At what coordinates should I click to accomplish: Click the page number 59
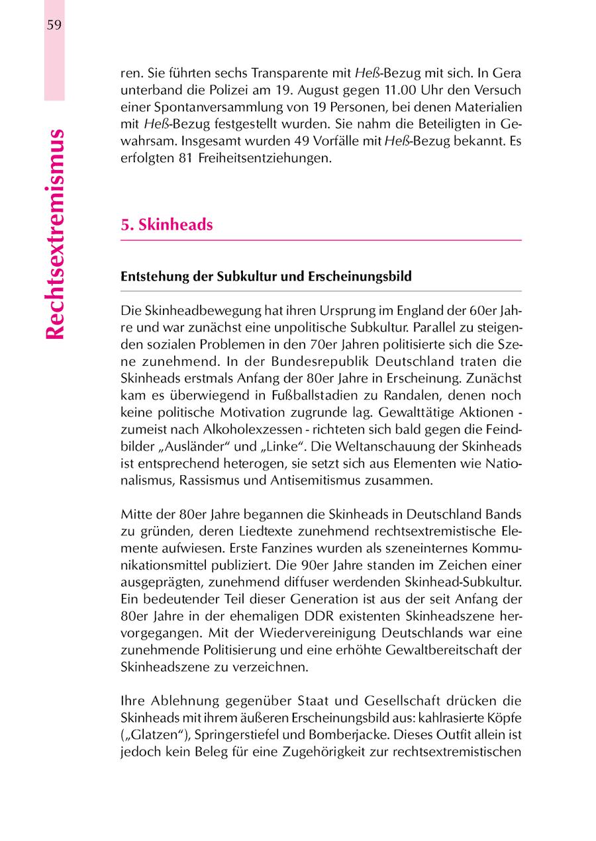pos(54,25)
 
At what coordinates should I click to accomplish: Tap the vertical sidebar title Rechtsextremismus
pos(55,235)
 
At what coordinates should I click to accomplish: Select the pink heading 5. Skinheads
pos(167,225)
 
